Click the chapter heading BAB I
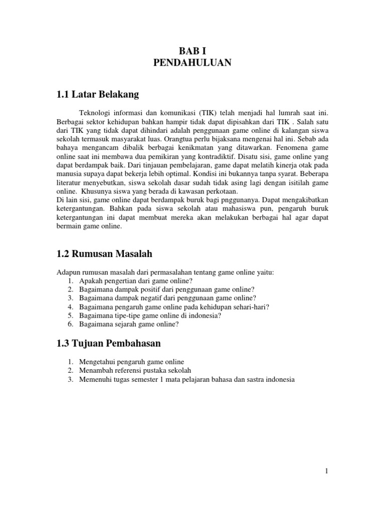coord(192,50)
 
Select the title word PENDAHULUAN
coord(192,63)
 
